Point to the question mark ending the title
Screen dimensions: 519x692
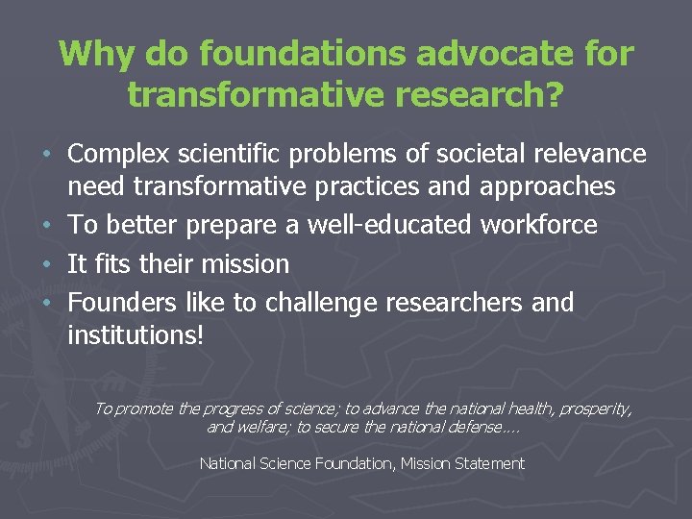click(554, 94)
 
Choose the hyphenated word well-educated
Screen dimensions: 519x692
click(389, 225)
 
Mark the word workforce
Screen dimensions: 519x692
click(538, 225)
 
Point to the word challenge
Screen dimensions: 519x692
click(321, 303)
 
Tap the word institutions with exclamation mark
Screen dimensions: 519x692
click(136, 336)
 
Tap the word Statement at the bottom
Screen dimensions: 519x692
click(487, 464)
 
